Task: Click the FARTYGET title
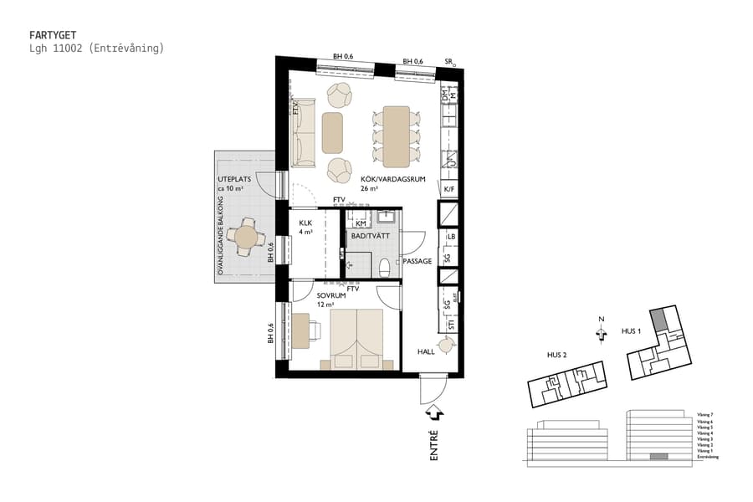tap(54, 35)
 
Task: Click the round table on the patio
tap(247, 238)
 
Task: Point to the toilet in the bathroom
tap(384, 267)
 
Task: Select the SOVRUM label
tap(330, 295)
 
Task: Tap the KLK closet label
tap(305, 223)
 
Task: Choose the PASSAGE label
tap(417, 262)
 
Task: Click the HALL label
tap(426, 352)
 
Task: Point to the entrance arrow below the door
tap(434, 412)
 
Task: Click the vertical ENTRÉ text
tap(434, 446)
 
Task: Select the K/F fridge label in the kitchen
tap(448, 190)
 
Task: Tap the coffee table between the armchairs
tap(332, 133)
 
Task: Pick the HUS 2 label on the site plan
tap(557, 355)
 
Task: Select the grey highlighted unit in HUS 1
tap(660, 319)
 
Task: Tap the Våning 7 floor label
tap(704, 415)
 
